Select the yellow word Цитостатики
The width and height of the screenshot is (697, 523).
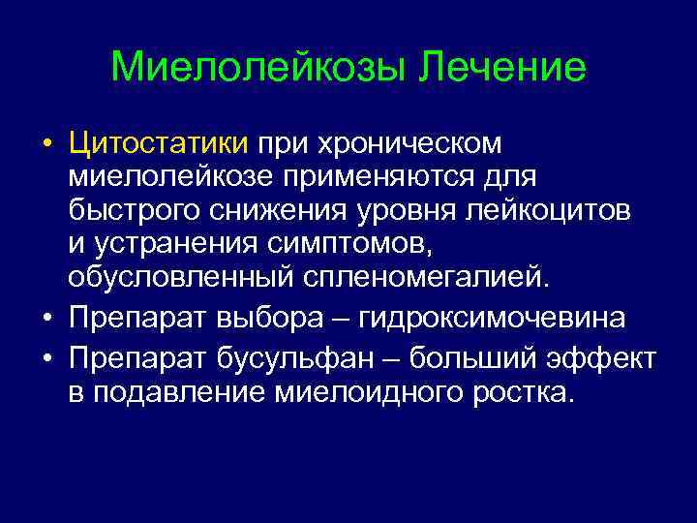158,143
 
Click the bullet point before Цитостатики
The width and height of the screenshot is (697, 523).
46,144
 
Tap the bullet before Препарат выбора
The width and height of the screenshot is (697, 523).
46,319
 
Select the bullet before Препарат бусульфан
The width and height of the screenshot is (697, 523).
46,358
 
